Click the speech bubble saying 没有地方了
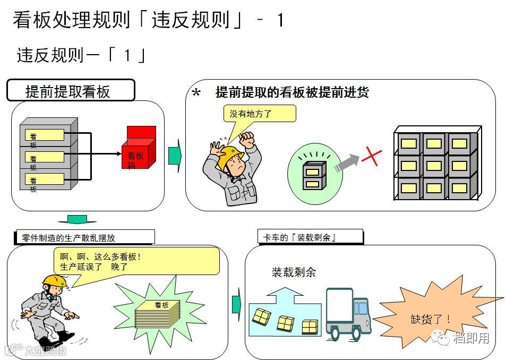(259, 114)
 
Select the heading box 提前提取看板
(70, 91)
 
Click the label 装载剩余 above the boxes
(294, 272)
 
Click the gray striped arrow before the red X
(345, 162)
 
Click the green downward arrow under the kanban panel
(81, 219)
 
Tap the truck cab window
(361, 308)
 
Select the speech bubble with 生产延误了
(136, 262)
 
